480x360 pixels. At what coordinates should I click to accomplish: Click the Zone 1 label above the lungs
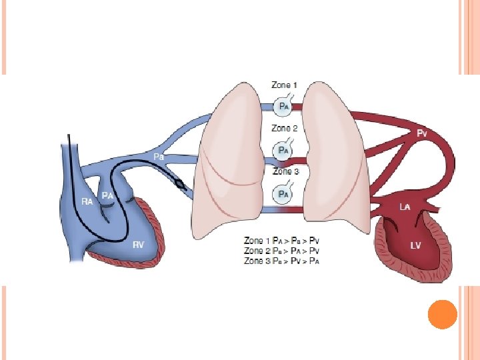(x=284, y=85)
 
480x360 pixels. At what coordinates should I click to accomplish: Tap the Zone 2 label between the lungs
(x=284, y=128)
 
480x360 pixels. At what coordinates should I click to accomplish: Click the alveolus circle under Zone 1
(x=283, y=105)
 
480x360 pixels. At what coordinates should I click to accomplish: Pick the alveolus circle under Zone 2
(x=283, y=150)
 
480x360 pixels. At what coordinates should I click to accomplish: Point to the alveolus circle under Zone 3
(x=283, y=194)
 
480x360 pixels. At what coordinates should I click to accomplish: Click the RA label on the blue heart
(x=87, y=201)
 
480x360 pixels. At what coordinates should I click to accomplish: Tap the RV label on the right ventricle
(x=138, y=245)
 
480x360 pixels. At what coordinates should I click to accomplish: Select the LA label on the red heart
(x=404, y=207)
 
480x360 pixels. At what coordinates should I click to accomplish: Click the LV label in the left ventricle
(x=415, y=245)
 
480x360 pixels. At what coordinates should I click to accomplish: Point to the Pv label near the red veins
(x=421, y=133)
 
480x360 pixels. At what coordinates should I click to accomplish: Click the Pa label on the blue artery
(x=159, y=156)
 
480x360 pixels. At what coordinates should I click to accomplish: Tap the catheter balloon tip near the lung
(x=179, y=181)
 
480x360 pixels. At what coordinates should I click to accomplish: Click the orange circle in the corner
(x=441, y=314)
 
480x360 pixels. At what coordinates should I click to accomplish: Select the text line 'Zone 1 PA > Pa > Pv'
(x=283, y=241)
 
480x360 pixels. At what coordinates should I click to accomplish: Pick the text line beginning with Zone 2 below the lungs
(x=283, y=251)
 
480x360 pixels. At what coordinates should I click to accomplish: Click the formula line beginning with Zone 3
(x=283, y=261)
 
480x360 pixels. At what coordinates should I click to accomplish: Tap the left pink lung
(x=227, y=160)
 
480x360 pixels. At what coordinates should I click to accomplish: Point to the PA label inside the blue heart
(x=107, y=195)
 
